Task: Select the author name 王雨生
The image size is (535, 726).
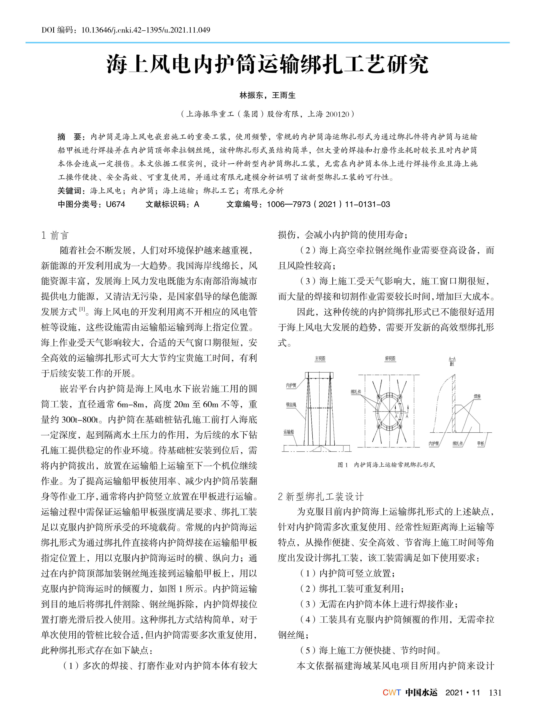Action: point(284,95)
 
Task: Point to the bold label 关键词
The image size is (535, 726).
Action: point(70,191)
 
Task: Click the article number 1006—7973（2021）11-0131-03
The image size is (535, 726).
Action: point(328,204)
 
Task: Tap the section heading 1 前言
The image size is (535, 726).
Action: point(55,235)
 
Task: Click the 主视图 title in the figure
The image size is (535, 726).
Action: point(320,359)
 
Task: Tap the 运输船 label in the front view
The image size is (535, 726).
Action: point(289,432)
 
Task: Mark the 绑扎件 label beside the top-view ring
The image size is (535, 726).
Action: point(356,392)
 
